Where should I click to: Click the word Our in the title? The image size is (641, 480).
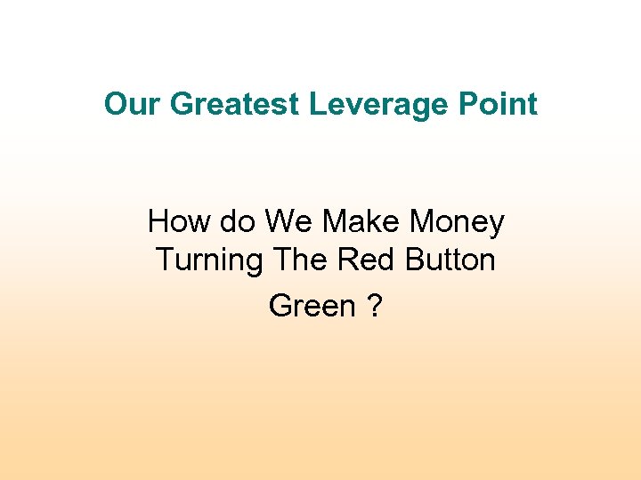tap(133, 105)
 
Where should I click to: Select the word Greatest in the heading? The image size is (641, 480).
tap(234, 105)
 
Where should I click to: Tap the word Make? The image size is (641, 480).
tap(362, 220)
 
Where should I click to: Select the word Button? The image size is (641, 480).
tap(450, 260)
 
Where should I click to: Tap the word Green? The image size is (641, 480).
tap(312, 306)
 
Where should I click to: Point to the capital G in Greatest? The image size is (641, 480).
tap(181, 105)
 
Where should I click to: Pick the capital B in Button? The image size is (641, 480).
tap(412, 260)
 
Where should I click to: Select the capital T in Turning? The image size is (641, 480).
tap(166, 260)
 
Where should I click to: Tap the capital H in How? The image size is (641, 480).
tap(158, 220)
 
